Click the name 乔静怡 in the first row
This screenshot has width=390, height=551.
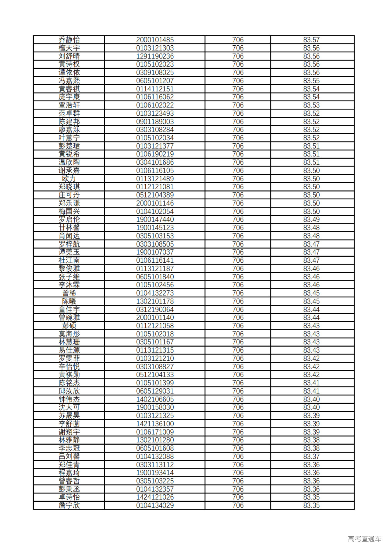click(x=69, y=40)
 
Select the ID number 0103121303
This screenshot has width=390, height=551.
click(x=155, y=48)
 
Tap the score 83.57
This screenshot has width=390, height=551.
click(x=311, y=40)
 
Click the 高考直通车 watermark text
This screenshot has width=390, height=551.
click(x=364, y=539)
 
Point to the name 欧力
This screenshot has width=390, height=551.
click(x=69, y=179)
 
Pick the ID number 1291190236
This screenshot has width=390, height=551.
click(x=155, y=56)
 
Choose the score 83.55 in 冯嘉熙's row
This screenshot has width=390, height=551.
click(x=311, y=81)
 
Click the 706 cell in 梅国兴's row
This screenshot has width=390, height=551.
click(x=238, y=211)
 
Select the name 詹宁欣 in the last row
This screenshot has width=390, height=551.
click(x=69, y=505)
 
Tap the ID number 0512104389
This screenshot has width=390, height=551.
click(x=155, y=195)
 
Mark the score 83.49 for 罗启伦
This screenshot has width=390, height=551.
click(x=311, y=219)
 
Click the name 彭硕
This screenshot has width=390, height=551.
click(x=69, y=326)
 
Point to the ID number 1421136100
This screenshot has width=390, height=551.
click(x=155, y=424)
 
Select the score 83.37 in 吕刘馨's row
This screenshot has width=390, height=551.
click(x=311, y=456)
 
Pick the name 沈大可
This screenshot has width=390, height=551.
click(x=69, y=407)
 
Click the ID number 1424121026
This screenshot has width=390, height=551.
click(x=155, y=497)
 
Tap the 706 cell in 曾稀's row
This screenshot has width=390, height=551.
click(x=238, y=293)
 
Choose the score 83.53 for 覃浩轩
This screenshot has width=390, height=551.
click(x=311, y=105)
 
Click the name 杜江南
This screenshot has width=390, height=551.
click(x=69, y=260)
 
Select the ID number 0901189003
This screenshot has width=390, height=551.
click(x=155, y=121)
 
